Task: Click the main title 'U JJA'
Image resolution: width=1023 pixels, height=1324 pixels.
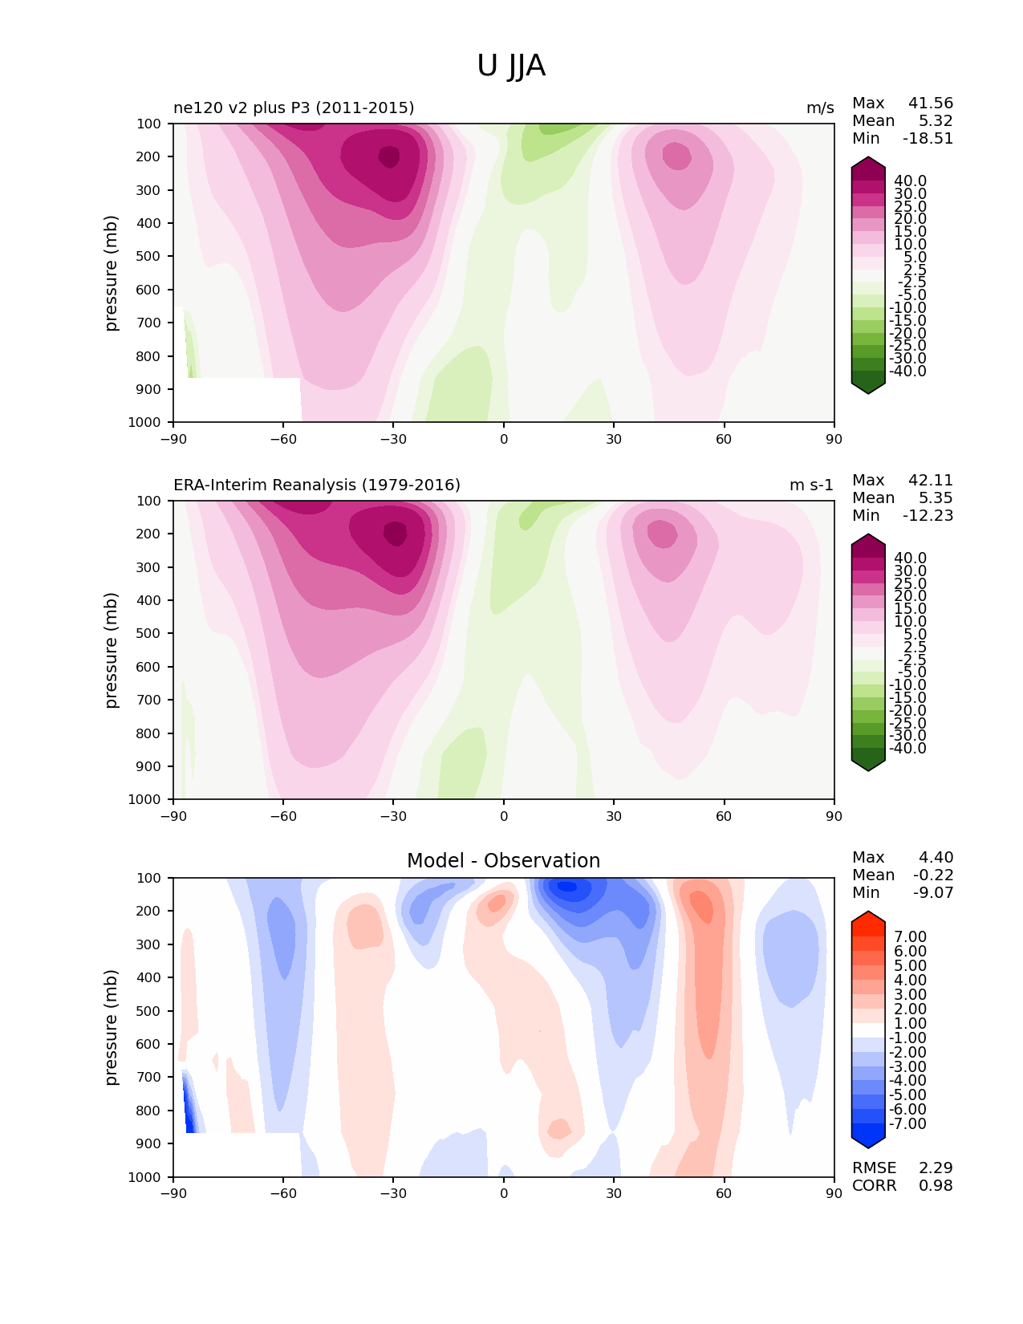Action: tap(510, 66)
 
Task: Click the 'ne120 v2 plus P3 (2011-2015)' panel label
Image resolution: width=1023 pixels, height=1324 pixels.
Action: tap(294, 108)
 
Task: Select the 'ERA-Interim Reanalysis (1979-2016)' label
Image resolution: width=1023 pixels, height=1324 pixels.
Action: tap(317, 485)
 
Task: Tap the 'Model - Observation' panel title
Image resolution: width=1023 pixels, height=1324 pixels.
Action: tap(503, 860)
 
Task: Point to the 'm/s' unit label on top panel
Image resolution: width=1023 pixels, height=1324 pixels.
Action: tap(820, 108)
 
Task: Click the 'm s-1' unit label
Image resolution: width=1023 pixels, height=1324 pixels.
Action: tap(811, 485)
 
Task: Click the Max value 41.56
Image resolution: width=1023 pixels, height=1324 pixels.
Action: tap(931, 103)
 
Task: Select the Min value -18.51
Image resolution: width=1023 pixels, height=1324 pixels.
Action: tap(928, 138)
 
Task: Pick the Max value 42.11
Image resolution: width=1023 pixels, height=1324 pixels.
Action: tap(931, 480)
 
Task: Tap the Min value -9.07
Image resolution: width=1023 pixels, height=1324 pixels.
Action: tap(933, 892)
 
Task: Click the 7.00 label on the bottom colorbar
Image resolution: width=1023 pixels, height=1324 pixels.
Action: tap(911, 936)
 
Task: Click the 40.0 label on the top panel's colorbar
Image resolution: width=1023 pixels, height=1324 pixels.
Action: tap(911, 181)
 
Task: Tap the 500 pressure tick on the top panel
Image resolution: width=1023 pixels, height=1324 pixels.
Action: tap(148, 257)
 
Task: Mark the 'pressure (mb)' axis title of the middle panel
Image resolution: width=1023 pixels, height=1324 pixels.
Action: tap(110, 650)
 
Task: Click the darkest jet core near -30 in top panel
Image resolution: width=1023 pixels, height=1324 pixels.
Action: tap(388, 156)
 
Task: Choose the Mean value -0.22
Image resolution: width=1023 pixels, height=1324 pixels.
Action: tap(933, 875)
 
